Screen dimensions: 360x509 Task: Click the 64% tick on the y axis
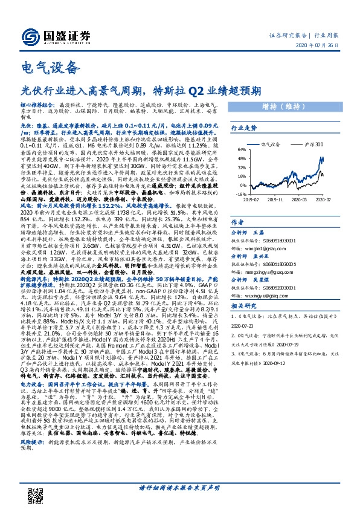click(x=240, y=150)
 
